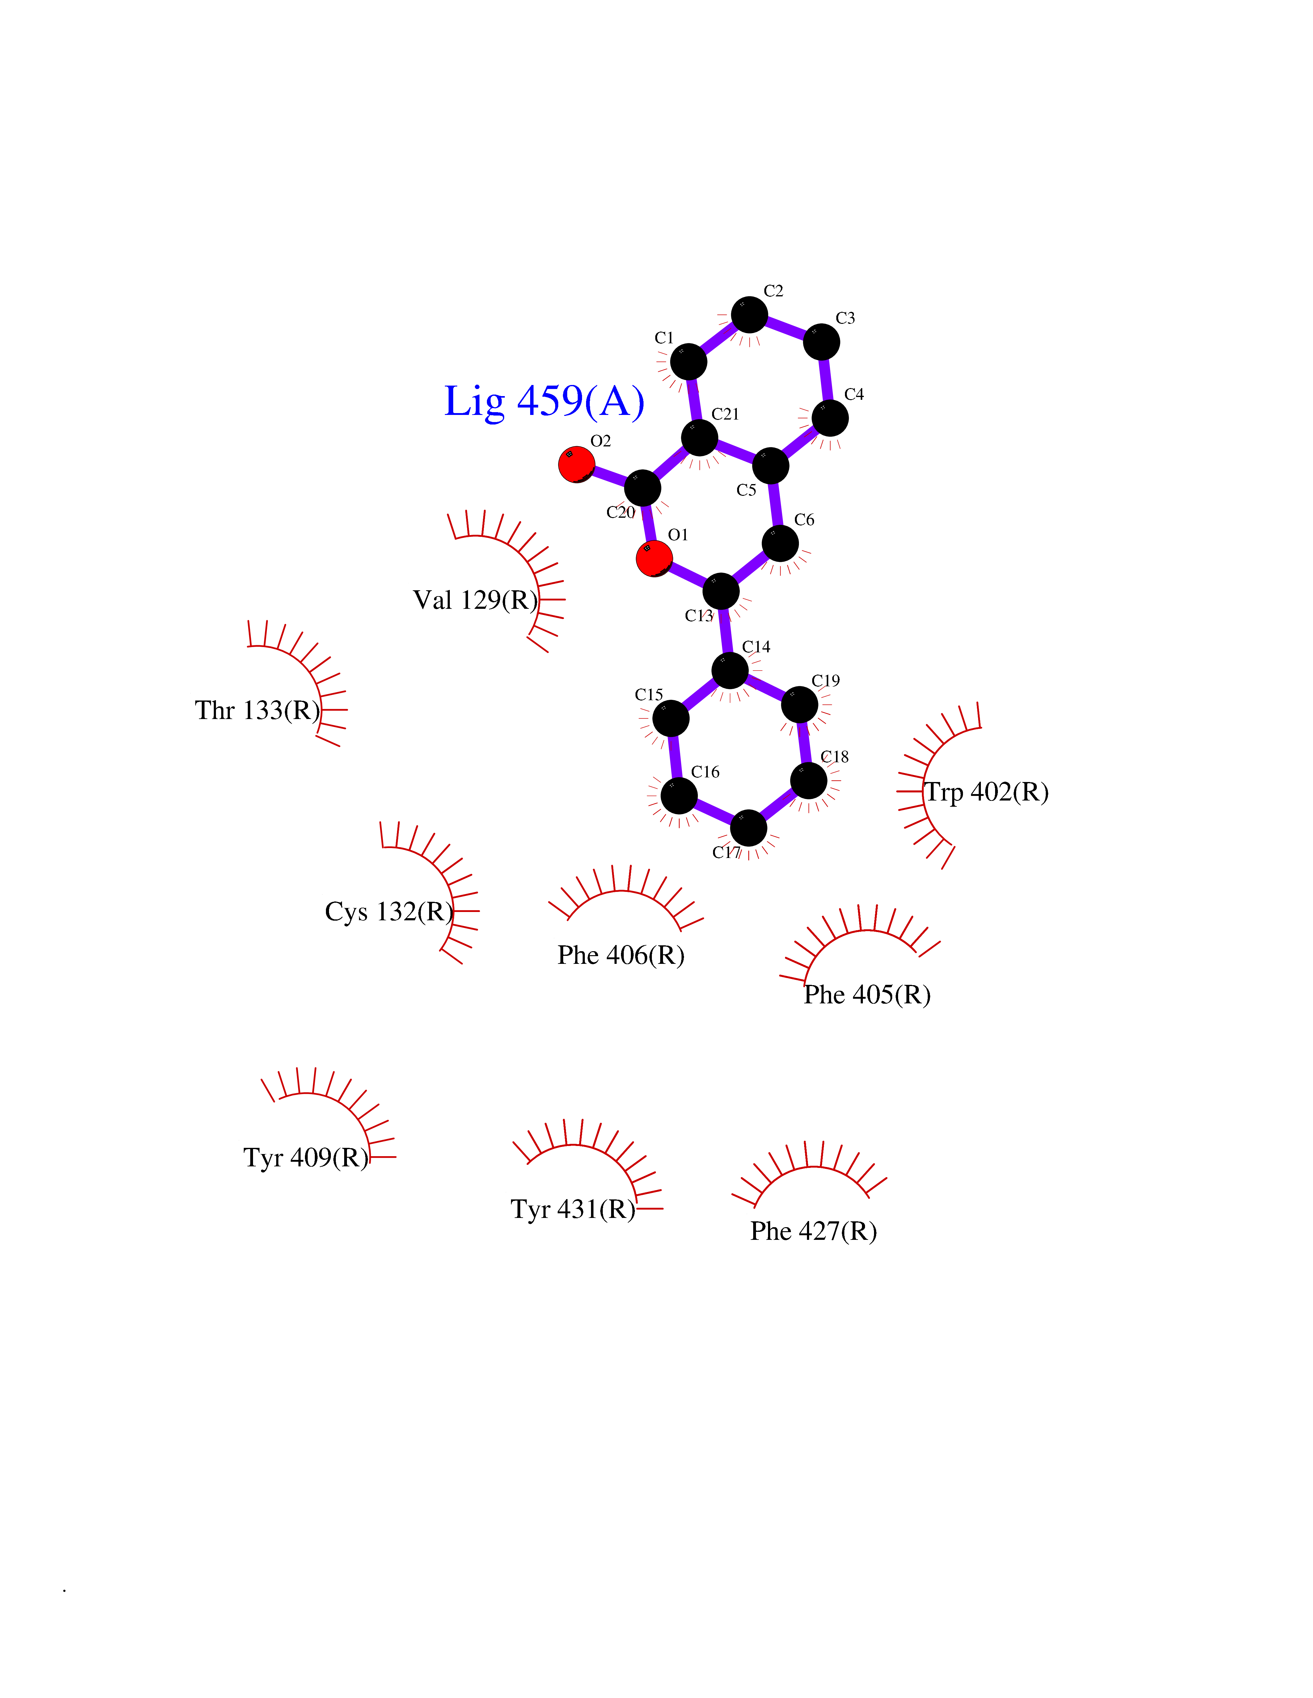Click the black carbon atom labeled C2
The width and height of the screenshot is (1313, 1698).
pyautogui.click(x=749, y=315)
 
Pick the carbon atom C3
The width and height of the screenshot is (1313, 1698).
pyautogui.click(x=821, y=342)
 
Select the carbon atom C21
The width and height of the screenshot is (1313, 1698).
pyautogui.click(x=699, y=438)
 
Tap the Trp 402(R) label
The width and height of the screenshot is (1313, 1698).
pyautogui.click(x=986, y=792)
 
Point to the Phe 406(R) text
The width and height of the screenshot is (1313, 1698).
pyautogui.click(x=621, y=956)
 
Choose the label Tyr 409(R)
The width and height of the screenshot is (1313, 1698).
pyautogui.click(x=306, y=1158)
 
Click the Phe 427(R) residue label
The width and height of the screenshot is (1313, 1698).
pyautogui.click(x=814, y=1232)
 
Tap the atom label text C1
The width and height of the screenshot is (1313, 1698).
pyautogui.click(x=664, y=338)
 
